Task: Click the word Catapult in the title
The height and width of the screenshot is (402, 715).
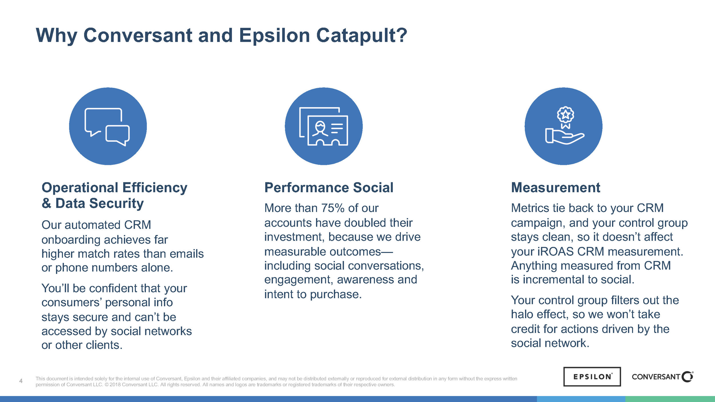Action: point(361,35)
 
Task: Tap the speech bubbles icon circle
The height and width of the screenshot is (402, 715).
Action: point(108,126)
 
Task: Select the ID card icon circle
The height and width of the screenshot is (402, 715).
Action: point(323,126)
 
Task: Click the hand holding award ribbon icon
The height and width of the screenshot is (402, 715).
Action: point(563,126)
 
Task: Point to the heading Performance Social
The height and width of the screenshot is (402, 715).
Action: point(329,188)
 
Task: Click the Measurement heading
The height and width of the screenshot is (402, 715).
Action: point(555,188)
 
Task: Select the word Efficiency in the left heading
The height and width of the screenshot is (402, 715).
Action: point(155,188)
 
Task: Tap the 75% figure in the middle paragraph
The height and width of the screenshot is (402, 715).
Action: point(333,208)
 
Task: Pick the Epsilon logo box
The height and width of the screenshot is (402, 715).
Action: point(592,377)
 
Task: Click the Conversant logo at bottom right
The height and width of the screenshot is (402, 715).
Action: point(662,377)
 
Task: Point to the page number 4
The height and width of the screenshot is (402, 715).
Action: point(21,381)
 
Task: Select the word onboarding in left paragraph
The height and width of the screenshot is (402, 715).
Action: point(71,240)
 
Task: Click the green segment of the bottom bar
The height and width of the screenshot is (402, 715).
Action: point(670,399)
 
